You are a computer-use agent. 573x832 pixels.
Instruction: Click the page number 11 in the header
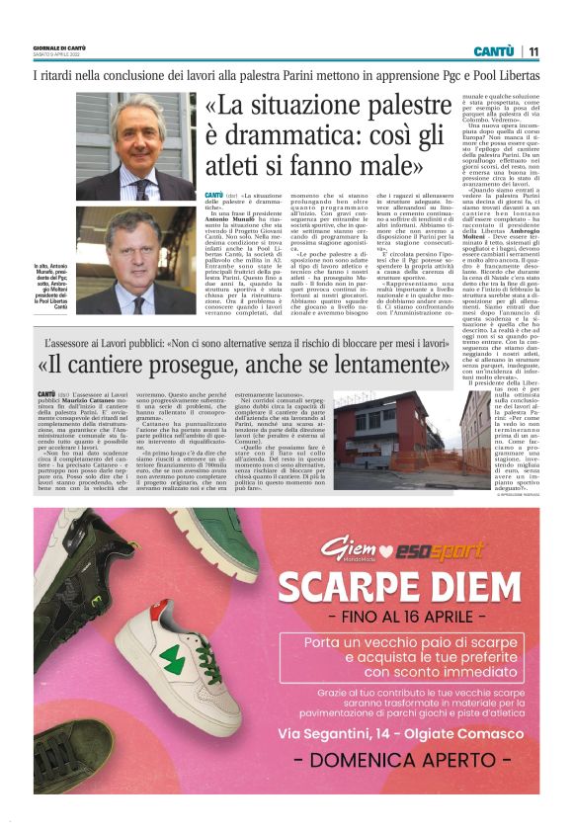[533, 50]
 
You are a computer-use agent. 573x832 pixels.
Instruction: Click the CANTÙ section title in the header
[493, 50]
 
